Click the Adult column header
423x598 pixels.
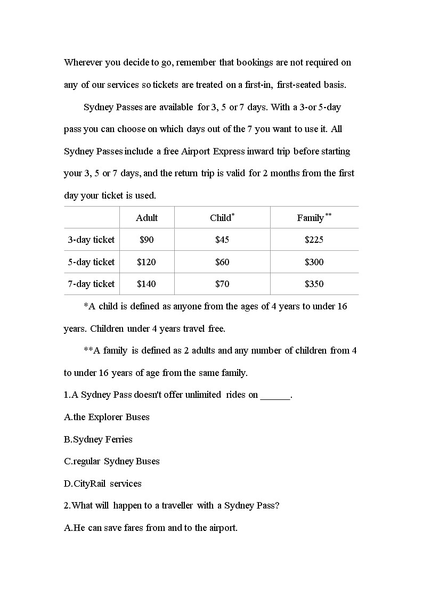[x=147, y=218]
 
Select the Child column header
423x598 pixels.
[x=222, y=218]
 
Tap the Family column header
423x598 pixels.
[x=314, y=218]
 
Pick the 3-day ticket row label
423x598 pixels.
[x=91, y=240]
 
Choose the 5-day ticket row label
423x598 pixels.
[x=91, y=262]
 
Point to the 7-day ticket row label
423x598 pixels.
[x=91, y=284]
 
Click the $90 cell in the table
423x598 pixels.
[x=147, y=240]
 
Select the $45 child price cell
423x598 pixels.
[x=222, y=240]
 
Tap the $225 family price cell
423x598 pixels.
[x=314, y=240]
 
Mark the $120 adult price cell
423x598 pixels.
[x=147, y=262]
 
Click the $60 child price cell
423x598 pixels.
[x=222, y=262]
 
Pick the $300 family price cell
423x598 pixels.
[x=314, y=262]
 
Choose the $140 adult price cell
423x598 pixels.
[x=147, y=284]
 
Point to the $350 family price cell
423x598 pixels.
[x=314, y=284]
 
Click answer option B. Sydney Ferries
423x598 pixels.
[x=99, y=439]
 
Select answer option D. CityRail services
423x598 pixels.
[x=103, y=484]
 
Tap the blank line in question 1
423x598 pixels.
[x=275, y=396]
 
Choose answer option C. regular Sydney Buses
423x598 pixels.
[x=112, y=461]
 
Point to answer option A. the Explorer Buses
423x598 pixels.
[x=107, y=417]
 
